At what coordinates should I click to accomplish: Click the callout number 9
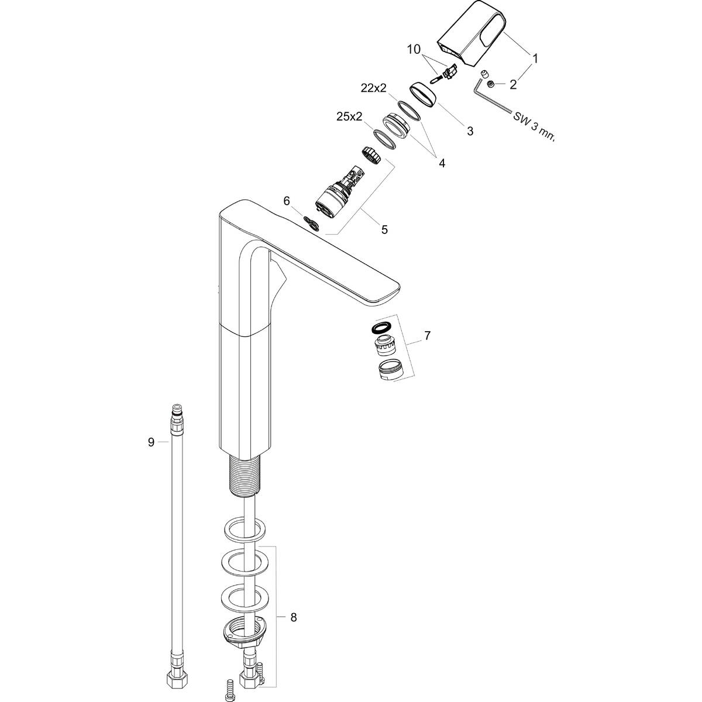tap(151, 442)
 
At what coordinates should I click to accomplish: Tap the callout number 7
tap(428, 335)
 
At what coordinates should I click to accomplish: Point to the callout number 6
tap(287, 201)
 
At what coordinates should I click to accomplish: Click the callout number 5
tap(384, 229)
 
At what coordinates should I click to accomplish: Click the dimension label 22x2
tap(374, 88)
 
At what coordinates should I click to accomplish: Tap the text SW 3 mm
tap(532, 125)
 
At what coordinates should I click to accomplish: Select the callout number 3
tap(470, 131)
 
